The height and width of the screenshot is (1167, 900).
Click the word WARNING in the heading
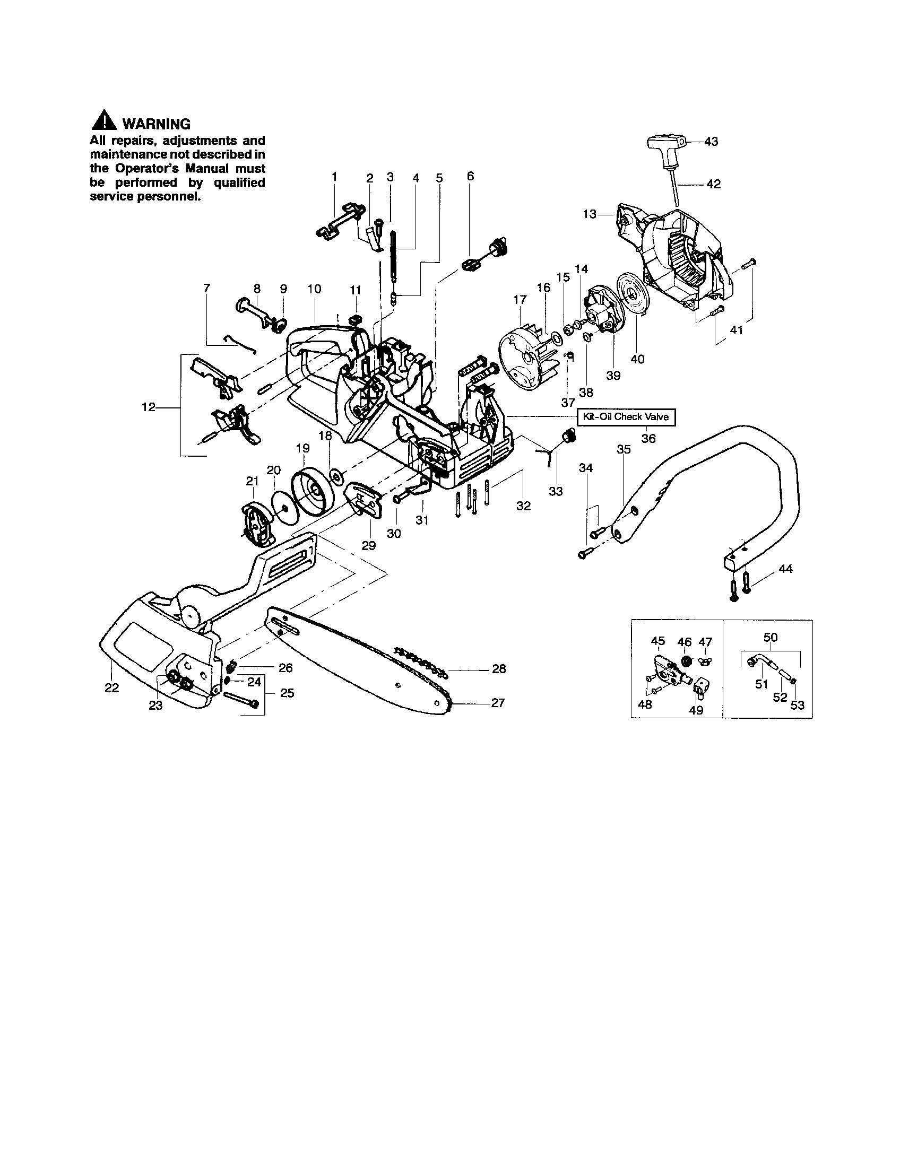pyautogui.click(x=156, y=124)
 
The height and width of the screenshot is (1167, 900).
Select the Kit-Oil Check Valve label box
pyautogui.click(x=625, y=417)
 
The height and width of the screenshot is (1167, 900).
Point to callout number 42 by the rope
pyautogui.click(x=713, y=185)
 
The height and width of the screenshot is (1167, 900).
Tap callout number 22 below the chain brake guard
pyautogui.click(x=111, y=687)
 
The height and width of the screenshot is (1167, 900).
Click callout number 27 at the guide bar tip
pyautogui.click(x=498, y=703)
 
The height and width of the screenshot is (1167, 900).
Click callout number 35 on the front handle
pyautogui.click(x=624, y=450)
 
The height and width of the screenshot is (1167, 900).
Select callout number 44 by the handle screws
pyautogui.click(x=785, y=569)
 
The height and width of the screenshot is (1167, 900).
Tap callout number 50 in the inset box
pyautogui.click(x=770, y=638)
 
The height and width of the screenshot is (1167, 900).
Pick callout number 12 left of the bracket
pyautogui.click(x=148, y=408)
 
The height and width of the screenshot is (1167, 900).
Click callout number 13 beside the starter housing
pyautogui.click(x=589, y=214)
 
